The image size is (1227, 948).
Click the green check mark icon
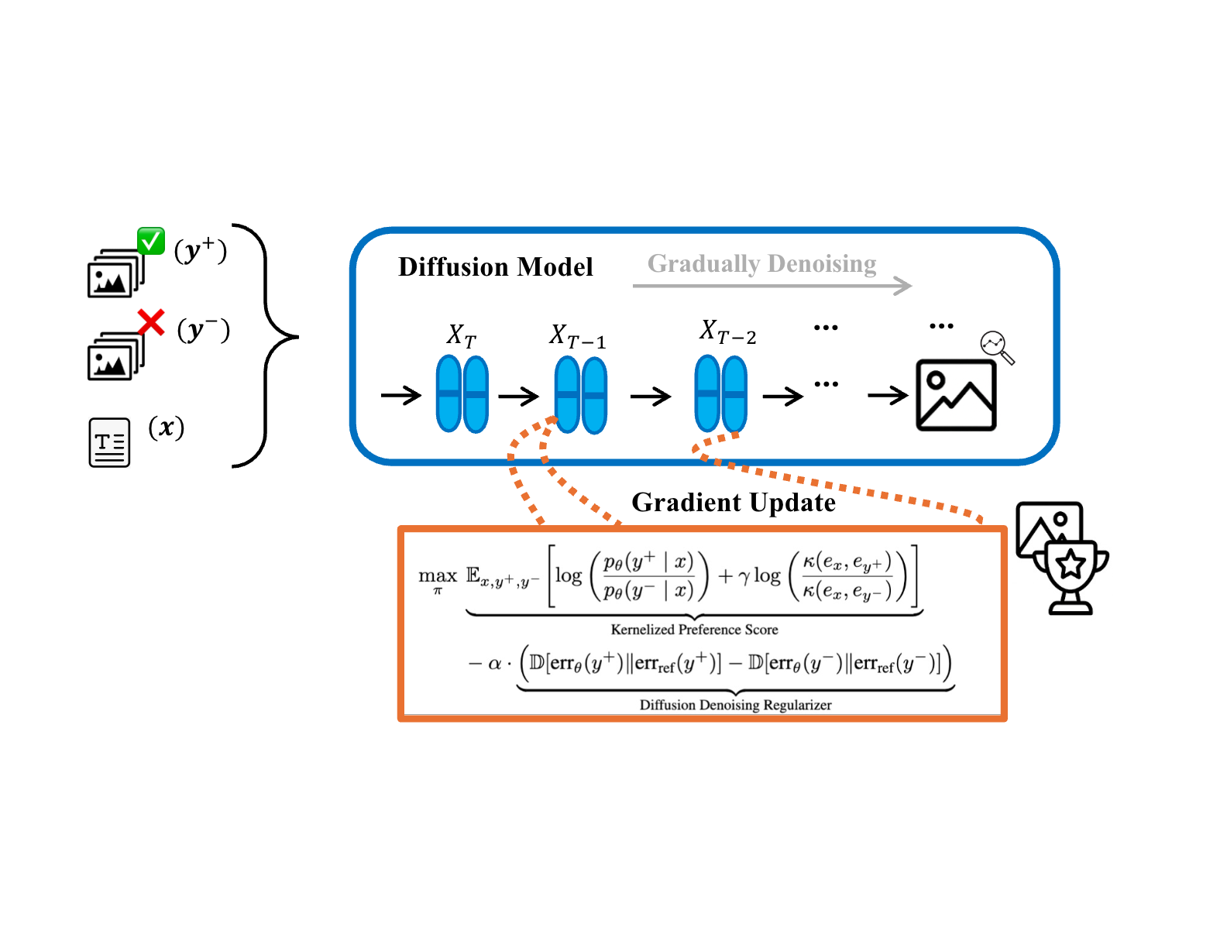pos(151,241)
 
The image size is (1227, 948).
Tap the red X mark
pos(151,322)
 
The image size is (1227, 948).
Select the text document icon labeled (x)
pos(109,443)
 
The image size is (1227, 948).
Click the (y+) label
pos(201,250)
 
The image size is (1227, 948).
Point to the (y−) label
pos(204,330)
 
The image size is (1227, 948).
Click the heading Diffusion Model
pos(495,267)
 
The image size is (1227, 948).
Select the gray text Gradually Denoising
pos(761,264)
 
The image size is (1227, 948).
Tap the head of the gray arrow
pos(902,286)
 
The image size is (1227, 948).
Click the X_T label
pos(462,335)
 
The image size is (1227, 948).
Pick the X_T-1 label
pos(578,336)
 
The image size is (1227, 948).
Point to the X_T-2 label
pos(727,331)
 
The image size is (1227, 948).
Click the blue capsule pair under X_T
pos(462,393)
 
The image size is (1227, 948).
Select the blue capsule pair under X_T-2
pos(720,393)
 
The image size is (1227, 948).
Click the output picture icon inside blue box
pos(956,395)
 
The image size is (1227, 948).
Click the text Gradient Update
pos(734,503)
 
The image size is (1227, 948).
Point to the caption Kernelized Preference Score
pos(694,630)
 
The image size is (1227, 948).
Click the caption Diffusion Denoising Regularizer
pos(735,705)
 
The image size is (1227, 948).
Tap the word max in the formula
pos(438,576)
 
